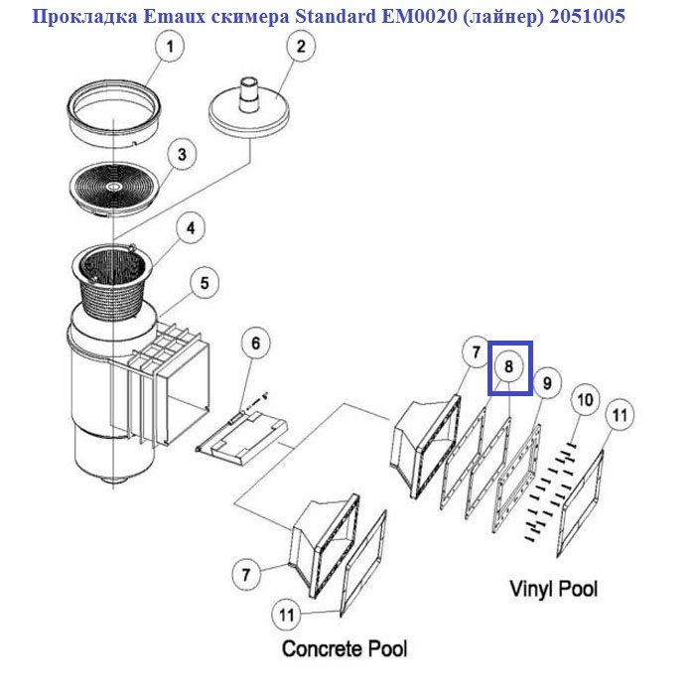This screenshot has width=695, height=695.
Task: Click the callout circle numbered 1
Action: tap(170, 46)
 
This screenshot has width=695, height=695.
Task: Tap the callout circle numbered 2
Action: tap(301, 46)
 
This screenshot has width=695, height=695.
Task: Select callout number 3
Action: tap(182, 154)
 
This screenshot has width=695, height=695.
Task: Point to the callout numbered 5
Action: tap(204, 284)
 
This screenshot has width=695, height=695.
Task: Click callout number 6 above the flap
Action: tap(255, 344)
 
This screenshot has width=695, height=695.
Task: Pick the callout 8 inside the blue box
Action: tap(508, 366)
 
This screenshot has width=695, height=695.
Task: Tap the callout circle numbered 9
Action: tap(545, 381)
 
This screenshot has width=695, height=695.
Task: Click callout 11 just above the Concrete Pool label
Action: tap(286, 616)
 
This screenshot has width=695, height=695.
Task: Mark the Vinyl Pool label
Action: tap(554, 588)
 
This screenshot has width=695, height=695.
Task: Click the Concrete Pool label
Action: tap(345, 649)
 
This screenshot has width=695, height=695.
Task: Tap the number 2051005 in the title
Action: tap(584, 17)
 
